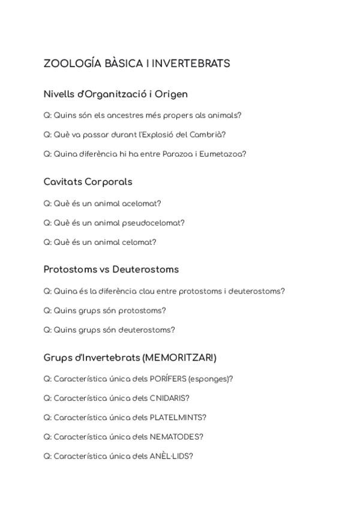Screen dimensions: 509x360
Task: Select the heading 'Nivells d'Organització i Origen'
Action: (115, 94)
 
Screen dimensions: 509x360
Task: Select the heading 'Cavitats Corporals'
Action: (88, 182)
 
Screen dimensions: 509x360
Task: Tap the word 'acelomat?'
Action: (142, 203)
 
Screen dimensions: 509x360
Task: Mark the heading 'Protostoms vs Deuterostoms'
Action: (111, 270)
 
